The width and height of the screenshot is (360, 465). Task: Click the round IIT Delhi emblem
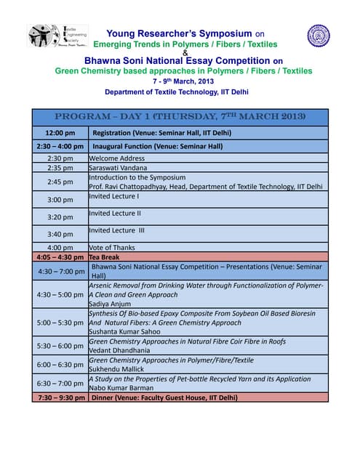(318, 35)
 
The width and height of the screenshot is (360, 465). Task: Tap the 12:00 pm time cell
(60, 133)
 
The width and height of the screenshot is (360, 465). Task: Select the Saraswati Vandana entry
(117, 167)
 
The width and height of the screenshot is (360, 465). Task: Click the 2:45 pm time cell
(60, 182)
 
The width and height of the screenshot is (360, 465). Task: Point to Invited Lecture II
(115, 213)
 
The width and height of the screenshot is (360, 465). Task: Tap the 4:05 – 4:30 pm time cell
(60, 257)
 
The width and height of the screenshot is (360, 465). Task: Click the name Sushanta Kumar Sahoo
(126, 331)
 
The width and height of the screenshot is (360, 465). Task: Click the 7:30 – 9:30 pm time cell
(60, 397)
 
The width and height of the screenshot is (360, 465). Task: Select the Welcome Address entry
(116, 158)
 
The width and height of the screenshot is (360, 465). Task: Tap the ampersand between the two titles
(185, 52)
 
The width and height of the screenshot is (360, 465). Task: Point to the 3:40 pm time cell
(60, 234)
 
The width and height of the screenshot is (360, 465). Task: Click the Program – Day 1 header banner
(180, 117)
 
